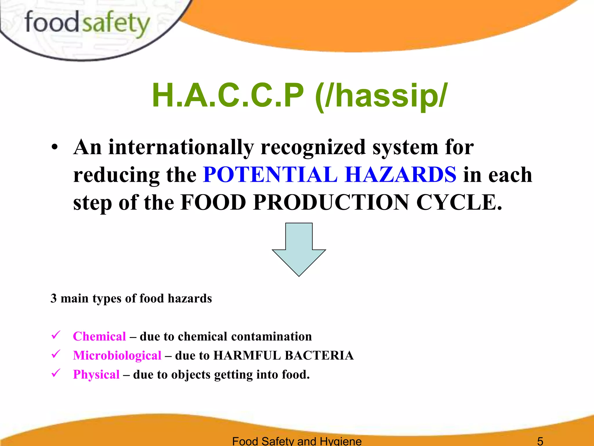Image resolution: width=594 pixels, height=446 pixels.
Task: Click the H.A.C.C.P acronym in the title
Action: pyautogui.click(x=228, y=95)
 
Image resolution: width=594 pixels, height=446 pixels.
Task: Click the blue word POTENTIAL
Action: pyautogui.click(x=270, y=175)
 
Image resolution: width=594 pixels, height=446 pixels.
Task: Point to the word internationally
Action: pyautogui.click(x=181, y=147)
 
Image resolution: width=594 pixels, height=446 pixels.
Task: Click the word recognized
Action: pyautogui.click(x=313, y=147)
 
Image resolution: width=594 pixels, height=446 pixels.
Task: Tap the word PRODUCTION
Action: pyautogui.click(x=331, y=202)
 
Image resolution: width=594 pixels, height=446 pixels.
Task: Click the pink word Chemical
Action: pyautogui.click(x=99, y=336)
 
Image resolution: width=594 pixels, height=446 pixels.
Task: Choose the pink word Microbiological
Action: pyautogui.click(x=117, y=355)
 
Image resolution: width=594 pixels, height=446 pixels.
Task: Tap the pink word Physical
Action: pyautogui.click(x=96, y=375)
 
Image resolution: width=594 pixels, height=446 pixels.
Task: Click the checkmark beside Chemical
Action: pyautogui.click(x=55, y=335)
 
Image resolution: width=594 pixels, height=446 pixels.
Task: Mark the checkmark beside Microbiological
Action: pyautogui.click(x=55, y=354)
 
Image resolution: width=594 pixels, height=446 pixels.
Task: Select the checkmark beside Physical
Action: pyautogui.click(x=55, y=373)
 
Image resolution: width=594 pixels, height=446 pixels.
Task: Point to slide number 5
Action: pyautogui.click(x=540, y=441)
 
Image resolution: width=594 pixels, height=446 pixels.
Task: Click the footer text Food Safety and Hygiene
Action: pyautogui.click(x=297, y=441)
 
